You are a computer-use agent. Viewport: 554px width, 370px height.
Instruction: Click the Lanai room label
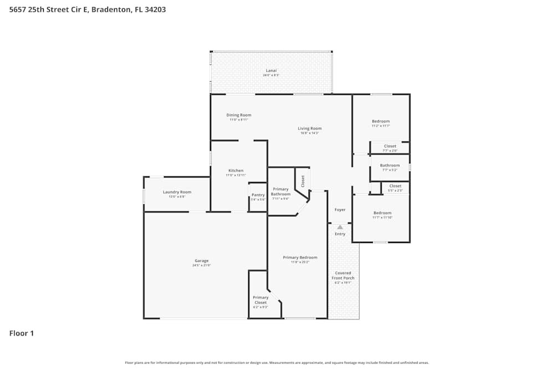click(x=271, y=71)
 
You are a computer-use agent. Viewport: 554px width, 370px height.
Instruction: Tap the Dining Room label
click(x=239, y=115)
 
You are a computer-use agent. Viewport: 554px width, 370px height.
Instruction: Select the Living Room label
click(x=310, y=129)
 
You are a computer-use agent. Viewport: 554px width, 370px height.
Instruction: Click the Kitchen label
click(x=235, y=171)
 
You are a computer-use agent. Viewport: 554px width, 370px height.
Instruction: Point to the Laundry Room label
click(x=177, y=192)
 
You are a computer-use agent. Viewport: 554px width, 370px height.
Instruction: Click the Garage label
click(x=202, y=261)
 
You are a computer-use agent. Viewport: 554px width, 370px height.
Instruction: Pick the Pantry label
click(x=258, y=195)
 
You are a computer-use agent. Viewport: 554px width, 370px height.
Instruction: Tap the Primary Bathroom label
click(x=280, y=192)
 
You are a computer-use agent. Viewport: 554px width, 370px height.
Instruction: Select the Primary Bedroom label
click(x=300, y=258)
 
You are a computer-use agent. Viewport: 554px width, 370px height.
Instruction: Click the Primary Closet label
click(x=260, y=300)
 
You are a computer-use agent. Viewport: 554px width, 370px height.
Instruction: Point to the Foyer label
click(x=340, y=210)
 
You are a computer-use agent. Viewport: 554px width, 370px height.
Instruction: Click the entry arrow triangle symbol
click(x=340, y=227)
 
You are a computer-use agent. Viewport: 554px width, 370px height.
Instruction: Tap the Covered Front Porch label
click(x=343, y=276)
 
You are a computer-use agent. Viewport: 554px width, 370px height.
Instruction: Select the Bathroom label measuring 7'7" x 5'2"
click(x=389, y=166)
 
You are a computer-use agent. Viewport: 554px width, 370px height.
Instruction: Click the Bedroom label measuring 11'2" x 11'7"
click(x=381, y=121)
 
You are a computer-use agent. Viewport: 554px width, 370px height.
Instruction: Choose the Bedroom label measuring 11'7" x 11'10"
click(x=382, y=213)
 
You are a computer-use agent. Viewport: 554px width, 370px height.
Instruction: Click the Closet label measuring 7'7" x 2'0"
click(x=390, y=146)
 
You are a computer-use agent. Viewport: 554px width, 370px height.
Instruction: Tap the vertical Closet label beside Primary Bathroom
click(x=302, y=181)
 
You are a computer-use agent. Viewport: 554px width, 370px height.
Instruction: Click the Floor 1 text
click(x=22, y=333)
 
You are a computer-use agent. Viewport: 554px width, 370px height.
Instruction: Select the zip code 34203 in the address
click(x=155, y=9)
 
